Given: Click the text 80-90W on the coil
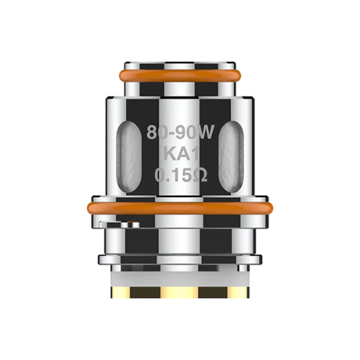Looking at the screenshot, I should coord(179,133).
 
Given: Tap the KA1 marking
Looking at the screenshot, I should coord(179,153).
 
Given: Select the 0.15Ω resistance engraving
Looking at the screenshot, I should coord(179,174).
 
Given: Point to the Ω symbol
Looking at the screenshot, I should coord(201,174).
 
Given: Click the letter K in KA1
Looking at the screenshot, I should coord(167,153).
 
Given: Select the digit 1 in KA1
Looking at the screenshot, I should coord(192,153).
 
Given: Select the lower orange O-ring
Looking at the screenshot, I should coord(179,207).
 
